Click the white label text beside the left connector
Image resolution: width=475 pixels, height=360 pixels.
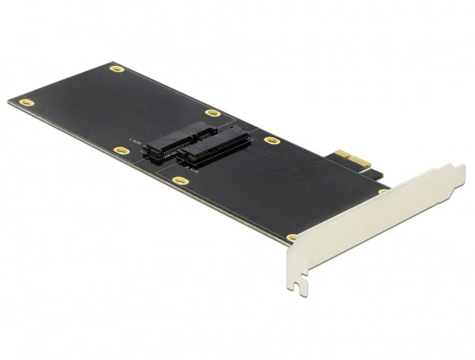(135, 140)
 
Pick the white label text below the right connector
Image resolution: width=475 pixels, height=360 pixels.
(191, 170)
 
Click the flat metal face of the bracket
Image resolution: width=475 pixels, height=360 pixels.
(371, 223)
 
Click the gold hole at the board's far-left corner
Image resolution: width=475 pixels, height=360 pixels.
(27, 102)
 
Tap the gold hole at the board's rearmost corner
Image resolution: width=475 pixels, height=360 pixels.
(117, 69)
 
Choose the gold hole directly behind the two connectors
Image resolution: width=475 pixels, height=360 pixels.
(213, 114)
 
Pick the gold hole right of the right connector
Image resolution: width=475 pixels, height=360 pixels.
(272, 140)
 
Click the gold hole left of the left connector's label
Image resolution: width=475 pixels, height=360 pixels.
(121, 151)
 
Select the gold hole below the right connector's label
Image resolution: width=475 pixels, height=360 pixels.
(180, 180)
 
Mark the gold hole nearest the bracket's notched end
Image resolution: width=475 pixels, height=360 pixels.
(292, 238)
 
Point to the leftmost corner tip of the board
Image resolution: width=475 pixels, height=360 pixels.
(9, 102)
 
